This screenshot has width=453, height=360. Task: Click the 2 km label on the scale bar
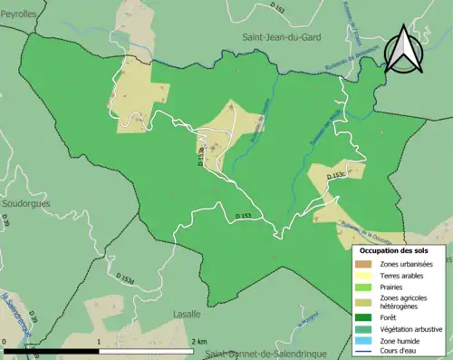pyautogui.click(x=198, y=341)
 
